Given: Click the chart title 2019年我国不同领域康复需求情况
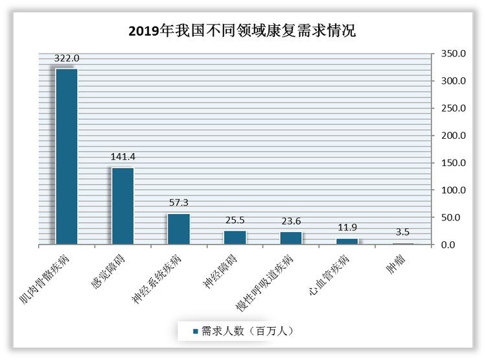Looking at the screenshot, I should tap(242, 30).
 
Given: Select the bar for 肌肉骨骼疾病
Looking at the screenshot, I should tap(67, 156).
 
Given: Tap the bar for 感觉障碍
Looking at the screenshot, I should tap(122, 206).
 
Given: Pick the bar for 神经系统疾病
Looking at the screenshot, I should tap(179, 229).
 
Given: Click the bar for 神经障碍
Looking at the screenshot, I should tap(235, 237).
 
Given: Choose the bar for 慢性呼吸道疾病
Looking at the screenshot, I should tap(291, 238).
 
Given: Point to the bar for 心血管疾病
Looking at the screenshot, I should tap(347, 241).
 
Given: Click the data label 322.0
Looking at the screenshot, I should tap(67, 58).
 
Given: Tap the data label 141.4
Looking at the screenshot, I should tap(122, 157).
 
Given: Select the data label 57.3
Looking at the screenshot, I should tap(179, 203).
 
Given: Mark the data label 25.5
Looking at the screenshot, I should tap(235, 221).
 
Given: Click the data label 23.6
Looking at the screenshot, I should tap(291, 221).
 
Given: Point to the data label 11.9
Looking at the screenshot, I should tap(347, 228).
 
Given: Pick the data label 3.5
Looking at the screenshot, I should tap(402, 232).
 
